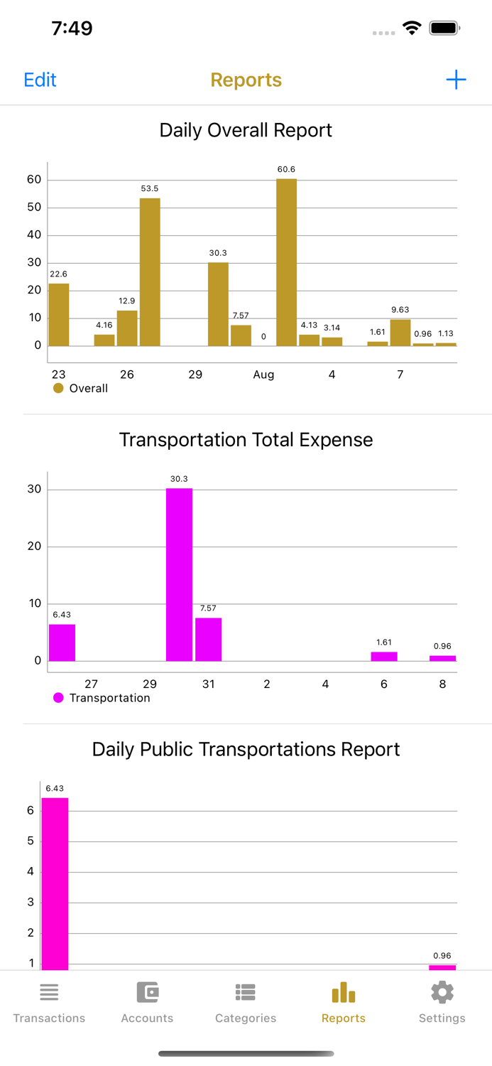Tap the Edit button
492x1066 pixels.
tap(40, 80)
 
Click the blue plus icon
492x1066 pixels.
tap(456, 80)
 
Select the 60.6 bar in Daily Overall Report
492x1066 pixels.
tap(286, 262)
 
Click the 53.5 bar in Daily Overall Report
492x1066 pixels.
tap(150, 271)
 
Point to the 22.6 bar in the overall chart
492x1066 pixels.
tap(59, 314)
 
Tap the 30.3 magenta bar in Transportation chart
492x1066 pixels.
tap(179, 574)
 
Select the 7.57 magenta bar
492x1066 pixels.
tap(208, 639)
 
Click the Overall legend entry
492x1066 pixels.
tap(81, 388)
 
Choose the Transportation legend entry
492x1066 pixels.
tap(102, 698)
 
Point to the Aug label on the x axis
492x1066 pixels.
tap(263, 375)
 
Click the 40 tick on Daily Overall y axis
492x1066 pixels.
tap(34, 235)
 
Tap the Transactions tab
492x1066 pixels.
tap(49, 1002)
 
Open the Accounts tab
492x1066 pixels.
tap(147, 1002)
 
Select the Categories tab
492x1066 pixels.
tap(246, 1002)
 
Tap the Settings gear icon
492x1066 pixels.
tap(442, 993)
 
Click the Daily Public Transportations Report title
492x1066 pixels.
tap(246, 749)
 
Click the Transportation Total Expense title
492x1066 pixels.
tap(246, 439)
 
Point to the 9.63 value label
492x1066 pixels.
tap(400, 310)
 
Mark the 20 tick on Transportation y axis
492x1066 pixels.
tap(34, 547)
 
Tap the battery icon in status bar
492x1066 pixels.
tap(444, 28)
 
